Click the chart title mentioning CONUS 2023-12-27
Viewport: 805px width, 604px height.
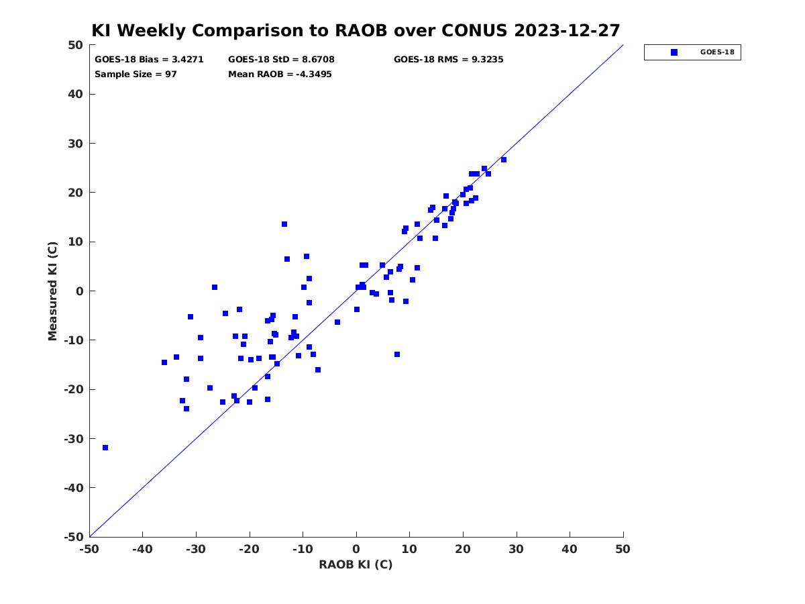click(356, 30)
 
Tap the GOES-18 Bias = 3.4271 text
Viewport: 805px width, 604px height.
click(149, 60)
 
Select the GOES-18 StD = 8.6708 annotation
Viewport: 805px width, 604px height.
click(281, 60)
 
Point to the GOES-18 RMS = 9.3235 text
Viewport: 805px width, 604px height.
click(448, 60)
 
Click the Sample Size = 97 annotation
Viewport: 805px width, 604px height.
click(136, 74)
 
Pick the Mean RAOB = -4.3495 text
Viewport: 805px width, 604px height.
click(280, 74)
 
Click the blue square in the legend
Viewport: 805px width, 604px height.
click(674, 52)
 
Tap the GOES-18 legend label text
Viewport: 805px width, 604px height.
click(717, 52)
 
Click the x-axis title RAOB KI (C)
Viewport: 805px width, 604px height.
click(356, 564)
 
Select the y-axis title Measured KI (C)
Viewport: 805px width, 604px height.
click(53, 291)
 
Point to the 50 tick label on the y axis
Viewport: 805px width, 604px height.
click(76, 45)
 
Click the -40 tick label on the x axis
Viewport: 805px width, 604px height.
click(142, 549)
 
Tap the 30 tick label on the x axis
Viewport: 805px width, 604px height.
click(517, 549)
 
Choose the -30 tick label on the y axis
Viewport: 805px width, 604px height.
click(74, 439)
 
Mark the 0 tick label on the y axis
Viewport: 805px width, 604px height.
click(80, 291)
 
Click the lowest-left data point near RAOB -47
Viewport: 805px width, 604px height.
click(105, 448)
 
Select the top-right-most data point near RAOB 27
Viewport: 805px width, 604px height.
click(504, 160)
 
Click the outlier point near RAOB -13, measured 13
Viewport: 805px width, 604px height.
click(284, 224)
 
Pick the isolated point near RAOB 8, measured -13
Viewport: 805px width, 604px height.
click(397, 354)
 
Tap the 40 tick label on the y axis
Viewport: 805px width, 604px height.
click(76, 94)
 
